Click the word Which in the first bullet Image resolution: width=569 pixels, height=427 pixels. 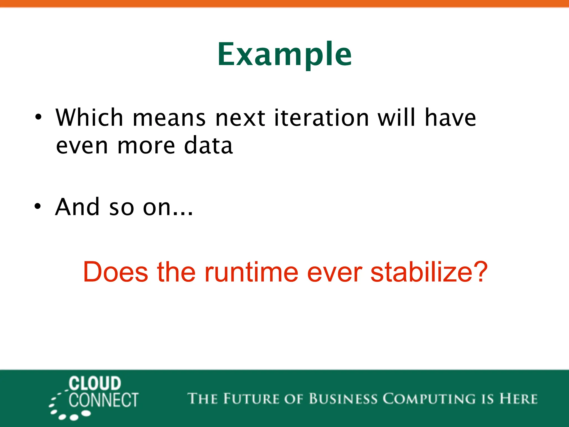tap(89, 118)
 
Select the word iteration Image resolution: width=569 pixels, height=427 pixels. tap(321, 118)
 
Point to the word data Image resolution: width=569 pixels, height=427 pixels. tap(208, 146)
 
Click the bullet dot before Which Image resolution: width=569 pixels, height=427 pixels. tap(38, 117)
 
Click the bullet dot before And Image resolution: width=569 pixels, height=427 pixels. tap(38, 207)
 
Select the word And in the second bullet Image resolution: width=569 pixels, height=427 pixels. tap(78, 207)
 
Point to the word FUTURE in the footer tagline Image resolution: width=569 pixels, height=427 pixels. tap(251, 399)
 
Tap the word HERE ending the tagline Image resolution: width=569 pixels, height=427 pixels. tap(518, 399)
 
